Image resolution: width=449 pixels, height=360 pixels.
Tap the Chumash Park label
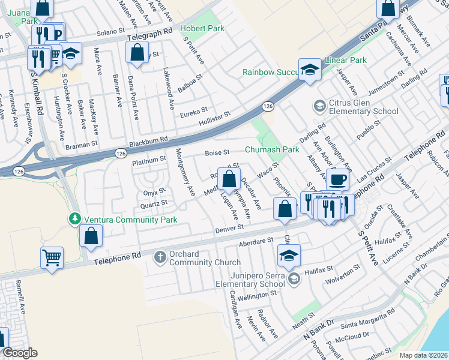tap(271, 149)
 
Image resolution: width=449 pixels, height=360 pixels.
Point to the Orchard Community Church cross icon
tap(160, 257)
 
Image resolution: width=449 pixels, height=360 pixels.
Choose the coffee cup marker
tap(337, 179)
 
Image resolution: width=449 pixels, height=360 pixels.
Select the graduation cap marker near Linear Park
tap(310, 70)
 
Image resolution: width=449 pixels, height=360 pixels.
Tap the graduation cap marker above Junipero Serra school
tap(289, 255)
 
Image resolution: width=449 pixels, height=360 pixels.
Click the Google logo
tap(20, 353)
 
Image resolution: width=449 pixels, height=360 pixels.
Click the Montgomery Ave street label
tap(185, 173)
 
